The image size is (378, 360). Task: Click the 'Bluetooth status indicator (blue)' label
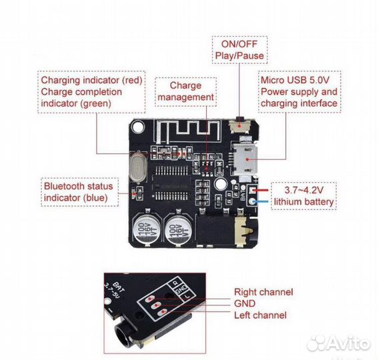click(x=78, y=192)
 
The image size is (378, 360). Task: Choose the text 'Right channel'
click(x=263, y=292)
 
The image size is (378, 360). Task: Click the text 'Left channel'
click(x=261, y=315)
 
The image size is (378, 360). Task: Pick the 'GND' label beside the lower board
click(x=244, y=303)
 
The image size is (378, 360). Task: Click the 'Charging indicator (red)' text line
click(x=91, y=80)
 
